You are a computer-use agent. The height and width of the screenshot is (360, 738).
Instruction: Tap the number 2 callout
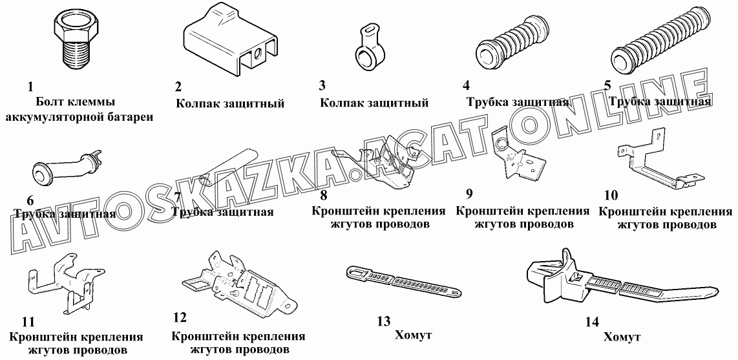pyautogui.click(x=178, y=87)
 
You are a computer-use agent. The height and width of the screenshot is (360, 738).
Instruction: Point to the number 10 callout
pyautogui.click(x=611, y=195)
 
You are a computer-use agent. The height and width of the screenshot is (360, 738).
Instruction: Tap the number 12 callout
pyautogui.click(x=179, y=317)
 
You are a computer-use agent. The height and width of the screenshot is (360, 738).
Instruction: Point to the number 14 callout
pyautogui.click(x=593, y=323)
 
